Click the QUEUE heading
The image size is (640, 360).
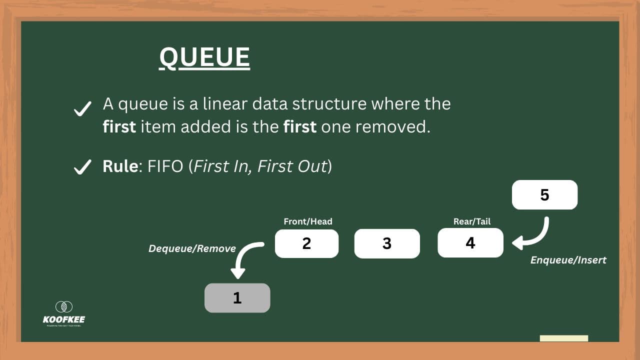[x=204, y=57]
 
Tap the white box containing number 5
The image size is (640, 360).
[x=544, y=195]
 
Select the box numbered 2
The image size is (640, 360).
[x=306, y=243]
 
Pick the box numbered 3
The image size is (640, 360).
[x=386, y=243]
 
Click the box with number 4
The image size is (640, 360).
[x=470, y=243]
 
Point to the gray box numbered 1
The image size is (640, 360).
[x=237, y=298]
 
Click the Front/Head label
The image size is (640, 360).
[x=307, y=221]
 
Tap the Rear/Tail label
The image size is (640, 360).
[x=471, y=221]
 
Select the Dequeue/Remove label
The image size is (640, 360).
[x=192, y=248]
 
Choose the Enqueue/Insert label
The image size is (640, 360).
[x=568, y=260]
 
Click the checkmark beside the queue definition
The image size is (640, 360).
[x=82, y=108]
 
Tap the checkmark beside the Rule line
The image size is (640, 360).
[x=82, y=167]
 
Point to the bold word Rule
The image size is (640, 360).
[x=120, y=166]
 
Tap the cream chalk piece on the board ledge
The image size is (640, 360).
[x=564, y=338]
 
